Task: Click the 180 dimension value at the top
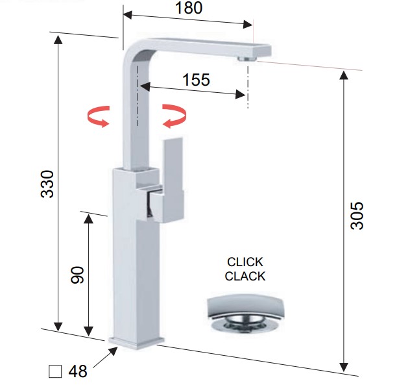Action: [189, 8]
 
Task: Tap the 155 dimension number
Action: [196, 80]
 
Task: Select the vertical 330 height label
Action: [47, 184]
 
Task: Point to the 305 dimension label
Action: [357, 216]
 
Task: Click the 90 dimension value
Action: [77, 275]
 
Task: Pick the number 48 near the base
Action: [78, 371]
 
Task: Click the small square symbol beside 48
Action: [55, 371]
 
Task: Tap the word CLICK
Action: [245, 262]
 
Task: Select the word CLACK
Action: [245, 276]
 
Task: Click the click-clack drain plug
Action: [246, 314]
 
